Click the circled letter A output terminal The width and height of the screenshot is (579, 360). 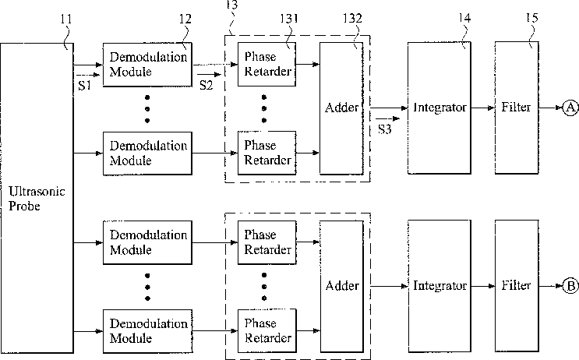click(x=570, y=108)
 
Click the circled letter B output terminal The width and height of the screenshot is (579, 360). click(x=570, y=286)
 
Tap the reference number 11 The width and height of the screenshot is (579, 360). click(x=66, y=19)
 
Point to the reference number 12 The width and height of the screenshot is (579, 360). click(x=185, y=19)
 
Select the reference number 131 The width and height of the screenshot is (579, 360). click(x=289, y=18)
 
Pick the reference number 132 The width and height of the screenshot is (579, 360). click(x=352, y=18)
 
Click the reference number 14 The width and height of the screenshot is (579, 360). click(x=464, y=17)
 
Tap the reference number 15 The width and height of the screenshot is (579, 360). click(x=532, y=17)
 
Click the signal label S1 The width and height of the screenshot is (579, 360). click(x=85, y=85)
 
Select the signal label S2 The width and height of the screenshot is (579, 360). click(x=206, y=85)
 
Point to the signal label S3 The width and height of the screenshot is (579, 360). click(x=384, y=129)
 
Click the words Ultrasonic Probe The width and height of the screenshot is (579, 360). click(x=37, y=198)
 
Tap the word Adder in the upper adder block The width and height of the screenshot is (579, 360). click(x=341, y=108)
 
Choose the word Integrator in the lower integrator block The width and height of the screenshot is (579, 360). click(x=440, y=285)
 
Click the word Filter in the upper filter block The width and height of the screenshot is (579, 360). click(x=516, y=107)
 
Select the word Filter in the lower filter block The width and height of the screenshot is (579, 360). click(x=516, y=285)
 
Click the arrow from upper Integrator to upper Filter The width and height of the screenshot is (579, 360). click(x=482, y=108)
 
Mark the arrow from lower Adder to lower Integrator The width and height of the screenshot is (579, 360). click(x=389, y=286)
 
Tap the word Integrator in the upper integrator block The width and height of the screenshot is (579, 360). click(x=440, y=108)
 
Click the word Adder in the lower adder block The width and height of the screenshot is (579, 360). click(x=342, y=285)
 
